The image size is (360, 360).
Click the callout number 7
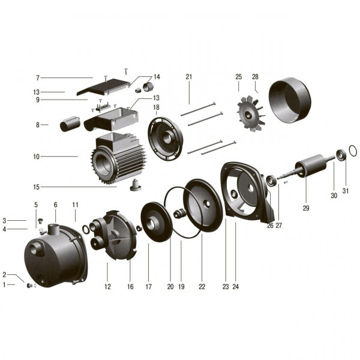(x=37, y=78)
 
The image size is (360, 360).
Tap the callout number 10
(x=37, y=157)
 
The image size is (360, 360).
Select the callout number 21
(x=188, y=77)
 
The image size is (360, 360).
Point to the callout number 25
(x=238, y=77)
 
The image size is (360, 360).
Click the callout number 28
(x=255, y=77)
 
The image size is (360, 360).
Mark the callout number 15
(x=37, y=187)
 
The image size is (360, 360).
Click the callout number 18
(x=156, y=107)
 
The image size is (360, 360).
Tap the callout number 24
(x=235, y=287)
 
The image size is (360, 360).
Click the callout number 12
(x=107, y=287)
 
